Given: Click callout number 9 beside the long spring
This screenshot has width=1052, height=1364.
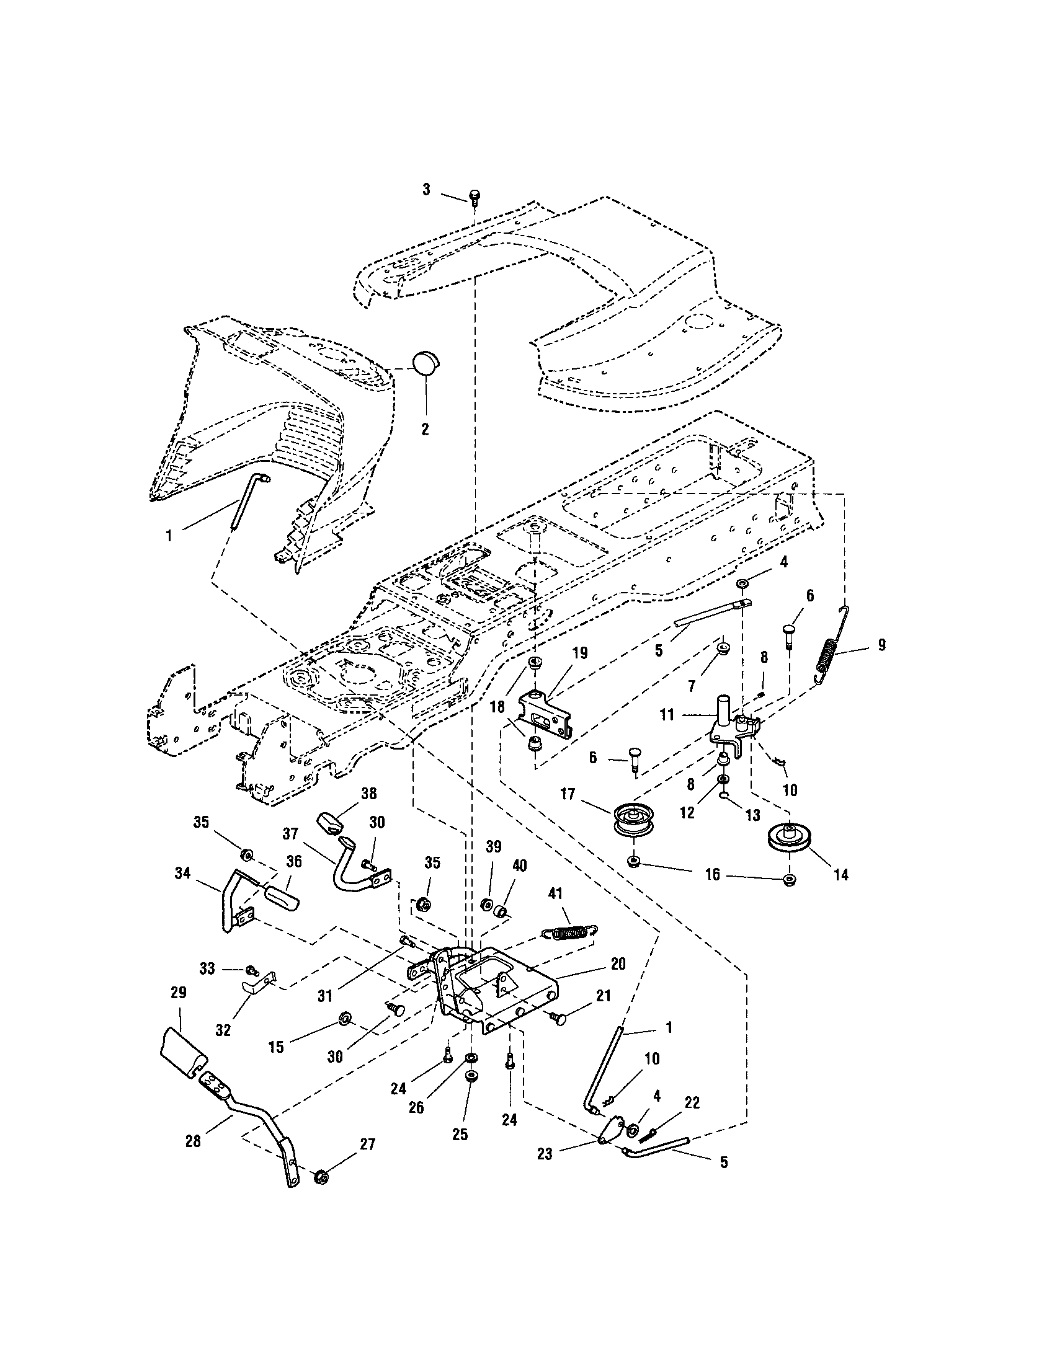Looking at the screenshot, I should pos(881,645).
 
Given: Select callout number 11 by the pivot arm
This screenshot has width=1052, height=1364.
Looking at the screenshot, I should pos(667,714).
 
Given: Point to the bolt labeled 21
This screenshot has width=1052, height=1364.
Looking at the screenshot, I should pos(558,1019).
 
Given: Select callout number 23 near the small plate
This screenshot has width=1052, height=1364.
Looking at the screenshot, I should pos(545,1154).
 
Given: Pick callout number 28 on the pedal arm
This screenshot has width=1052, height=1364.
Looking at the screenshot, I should pos(193,1140).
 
